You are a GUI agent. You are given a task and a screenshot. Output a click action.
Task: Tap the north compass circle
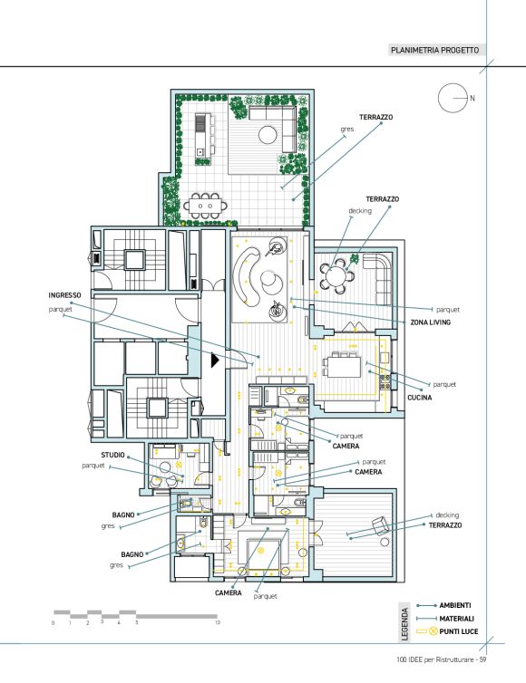453,98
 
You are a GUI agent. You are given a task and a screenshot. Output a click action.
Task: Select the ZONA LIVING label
430,322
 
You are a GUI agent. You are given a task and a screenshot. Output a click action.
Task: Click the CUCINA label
420,398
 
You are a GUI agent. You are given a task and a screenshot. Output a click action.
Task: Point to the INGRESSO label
64,295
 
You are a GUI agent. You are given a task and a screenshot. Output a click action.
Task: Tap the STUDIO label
113,455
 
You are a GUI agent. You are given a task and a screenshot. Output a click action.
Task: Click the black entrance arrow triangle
215,361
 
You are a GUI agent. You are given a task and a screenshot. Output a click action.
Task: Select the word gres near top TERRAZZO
347,130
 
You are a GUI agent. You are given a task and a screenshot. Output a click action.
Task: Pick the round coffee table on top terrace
268,135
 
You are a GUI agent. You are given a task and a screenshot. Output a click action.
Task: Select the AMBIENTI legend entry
455,605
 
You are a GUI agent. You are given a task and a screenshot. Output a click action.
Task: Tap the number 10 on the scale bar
218,622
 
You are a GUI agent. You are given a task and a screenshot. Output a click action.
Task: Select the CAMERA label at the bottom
229,593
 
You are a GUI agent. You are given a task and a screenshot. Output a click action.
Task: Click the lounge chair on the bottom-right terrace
380,525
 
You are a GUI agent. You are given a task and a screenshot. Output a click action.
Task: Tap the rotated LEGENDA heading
404,624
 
